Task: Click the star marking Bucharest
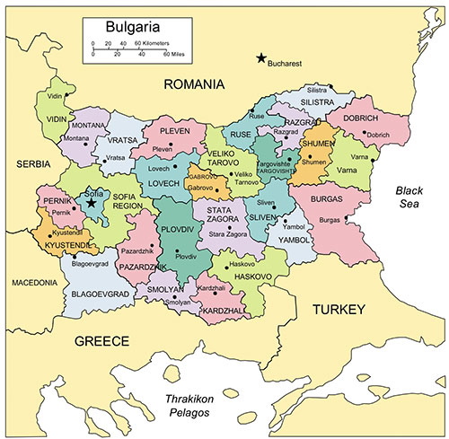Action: tap(261, 58)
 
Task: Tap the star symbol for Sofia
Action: tap(92, 203)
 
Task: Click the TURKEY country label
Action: tap(339, 310)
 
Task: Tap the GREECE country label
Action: tap(102, 340)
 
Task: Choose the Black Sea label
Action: tap(415, 198)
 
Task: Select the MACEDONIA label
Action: tap(34, 282)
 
